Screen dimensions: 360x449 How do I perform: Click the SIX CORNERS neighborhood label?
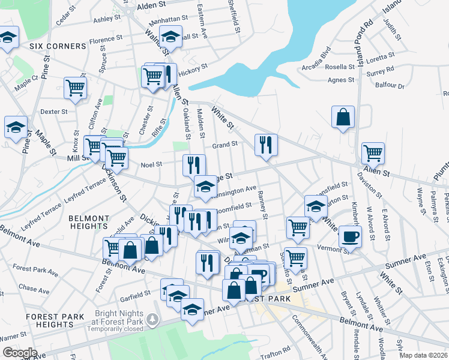click(58, 46)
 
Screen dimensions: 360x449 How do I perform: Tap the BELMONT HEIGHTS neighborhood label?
click(88, 222)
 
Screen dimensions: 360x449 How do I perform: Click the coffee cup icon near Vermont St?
click(350, 236)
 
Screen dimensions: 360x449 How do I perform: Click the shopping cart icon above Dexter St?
click(76, 88)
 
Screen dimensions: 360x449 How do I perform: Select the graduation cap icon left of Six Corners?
click(7, 39)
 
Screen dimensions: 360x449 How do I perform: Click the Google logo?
click(20, 352)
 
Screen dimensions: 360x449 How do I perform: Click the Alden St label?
click(151, 5)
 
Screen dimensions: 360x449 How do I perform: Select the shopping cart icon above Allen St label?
click(373, 153)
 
